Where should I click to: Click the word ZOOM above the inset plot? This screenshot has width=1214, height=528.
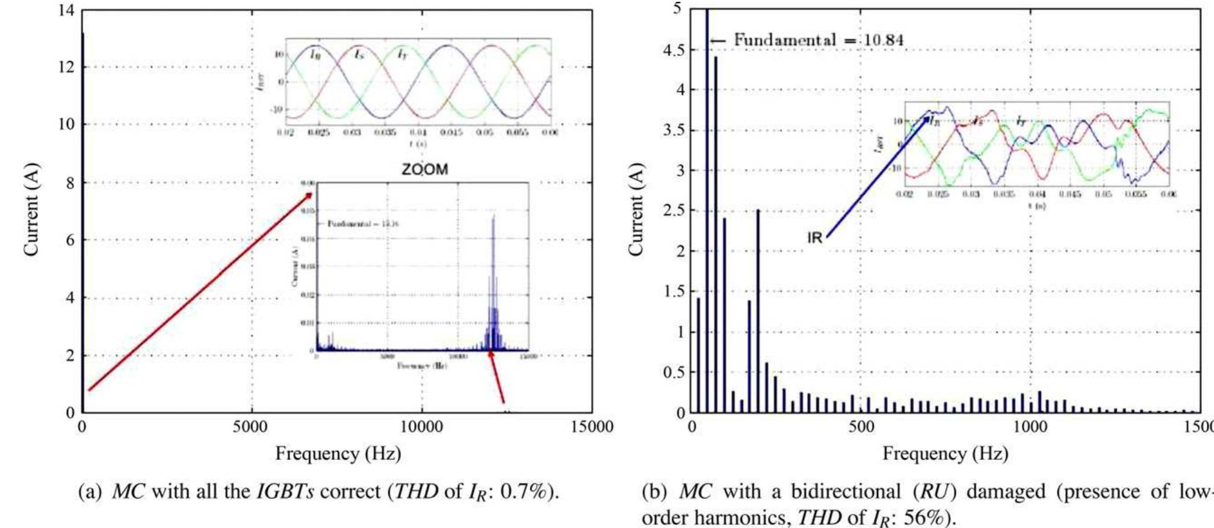pyautogui.click(x=425, y=169)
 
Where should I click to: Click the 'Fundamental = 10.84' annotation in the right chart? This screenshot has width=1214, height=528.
pyautogui.click(x=818, y=40)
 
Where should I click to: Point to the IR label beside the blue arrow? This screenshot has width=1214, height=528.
pyautogui.click(x=814, y=238)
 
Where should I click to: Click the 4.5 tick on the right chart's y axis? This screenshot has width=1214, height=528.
pyautogui.click(x=674, y=50)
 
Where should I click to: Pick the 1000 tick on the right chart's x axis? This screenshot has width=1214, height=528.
pyautogui.click(x=1030, y=427)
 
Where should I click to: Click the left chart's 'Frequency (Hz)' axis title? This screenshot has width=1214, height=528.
pyautogui.click(x=338, y=453)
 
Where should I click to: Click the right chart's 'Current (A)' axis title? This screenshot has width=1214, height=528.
pyautogui.click(x=636, y=210)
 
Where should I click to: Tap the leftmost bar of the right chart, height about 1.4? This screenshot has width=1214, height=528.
pyautogui.click(x=698, y=355)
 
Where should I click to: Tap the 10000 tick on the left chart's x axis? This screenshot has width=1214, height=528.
pyautogui.click(x=421, y=427)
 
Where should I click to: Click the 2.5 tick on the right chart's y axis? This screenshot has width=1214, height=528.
pyautogui.click(x=674, y=211)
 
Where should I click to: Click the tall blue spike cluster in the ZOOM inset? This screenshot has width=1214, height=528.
pyautogui.click(x=494, y=283)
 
